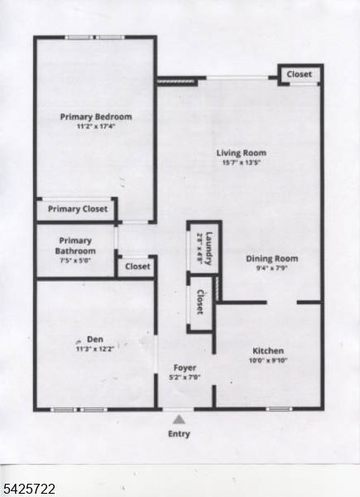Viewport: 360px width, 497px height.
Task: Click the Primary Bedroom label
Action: tap(96, 117)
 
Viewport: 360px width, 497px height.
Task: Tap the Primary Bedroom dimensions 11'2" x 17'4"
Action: tap(96, 127)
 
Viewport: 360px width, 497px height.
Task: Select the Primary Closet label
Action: tap(77, 209)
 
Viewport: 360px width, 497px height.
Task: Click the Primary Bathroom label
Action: tap(75, 246)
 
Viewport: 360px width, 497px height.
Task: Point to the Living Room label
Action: tap(241, 152)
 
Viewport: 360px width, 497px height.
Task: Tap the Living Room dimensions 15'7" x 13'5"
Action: tap(241, 162)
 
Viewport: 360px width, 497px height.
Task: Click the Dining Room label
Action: tap(271, 258)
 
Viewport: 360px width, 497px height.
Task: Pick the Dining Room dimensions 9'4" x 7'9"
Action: tap(271, 268)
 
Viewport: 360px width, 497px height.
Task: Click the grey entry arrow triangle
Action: tap(179, 419)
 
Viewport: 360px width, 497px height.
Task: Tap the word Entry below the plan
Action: tap(179, 434)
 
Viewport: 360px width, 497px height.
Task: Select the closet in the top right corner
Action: tap(299, 75)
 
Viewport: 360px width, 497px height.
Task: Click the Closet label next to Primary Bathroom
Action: tap(137, 266)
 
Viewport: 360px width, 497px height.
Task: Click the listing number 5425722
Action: tap(29, 490)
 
